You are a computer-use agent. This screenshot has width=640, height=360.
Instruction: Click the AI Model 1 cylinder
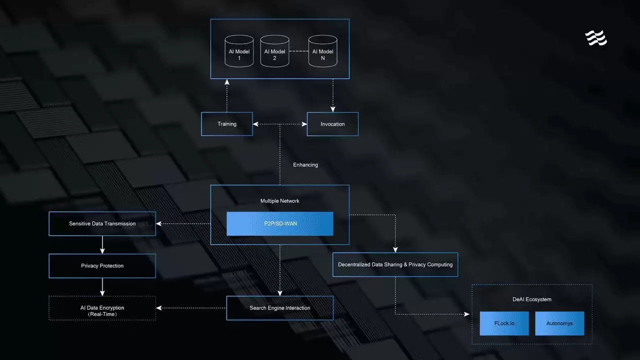(239, 51)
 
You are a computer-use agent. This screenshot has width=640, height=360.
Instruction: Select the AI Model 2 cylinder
(274, 51)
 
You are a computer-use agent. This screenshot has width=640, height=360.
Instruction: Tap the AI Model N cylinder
(322, 51)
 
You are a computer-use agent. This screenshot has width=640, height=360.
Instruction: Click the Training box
(227, 124)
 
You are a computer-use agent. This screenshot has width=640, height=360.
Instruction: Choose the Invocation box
(332, 124)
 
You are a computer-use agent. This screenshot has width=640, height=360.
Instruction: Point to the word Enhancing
(305, 164)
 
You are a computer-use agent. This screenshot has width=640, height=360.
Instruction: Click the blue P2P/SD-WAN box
(280, 223)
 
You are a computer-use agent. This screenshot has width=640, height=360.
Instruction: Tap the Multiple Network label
(280, 201)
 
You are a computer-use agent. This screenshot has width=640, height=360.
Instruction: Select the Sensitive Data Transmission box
(102, 223)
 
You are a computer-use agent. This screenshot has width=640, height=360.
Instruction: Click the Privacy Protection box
(102, 266)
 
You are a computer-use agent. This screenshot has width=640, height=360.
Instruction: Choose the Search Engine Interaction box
(280, 308)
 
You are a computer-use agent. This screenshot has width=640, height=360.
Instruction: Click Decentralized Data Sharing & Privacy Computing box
(395, 264)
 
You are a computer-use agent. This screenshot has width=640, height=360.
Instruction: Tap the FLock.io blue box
(504, 323)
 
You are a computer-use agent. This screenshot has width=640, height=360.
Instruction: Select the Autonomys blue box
(559, 323)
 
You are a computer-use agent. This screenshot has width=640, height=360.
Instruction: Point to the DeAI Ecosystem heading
(532, 299)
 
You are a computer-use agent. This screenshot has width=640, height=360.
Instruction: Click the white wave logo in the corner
(596, 38)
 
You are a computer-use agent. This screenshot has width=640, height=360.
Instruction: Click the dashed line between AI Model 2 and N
(298, 51)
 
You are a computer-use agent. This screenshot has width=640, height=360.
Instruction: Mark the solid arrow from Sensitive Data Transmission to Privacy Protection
(102, 244)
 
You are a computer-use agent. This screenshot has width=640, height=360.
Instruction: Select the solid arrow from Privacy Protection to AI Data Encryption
(102, 287)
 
